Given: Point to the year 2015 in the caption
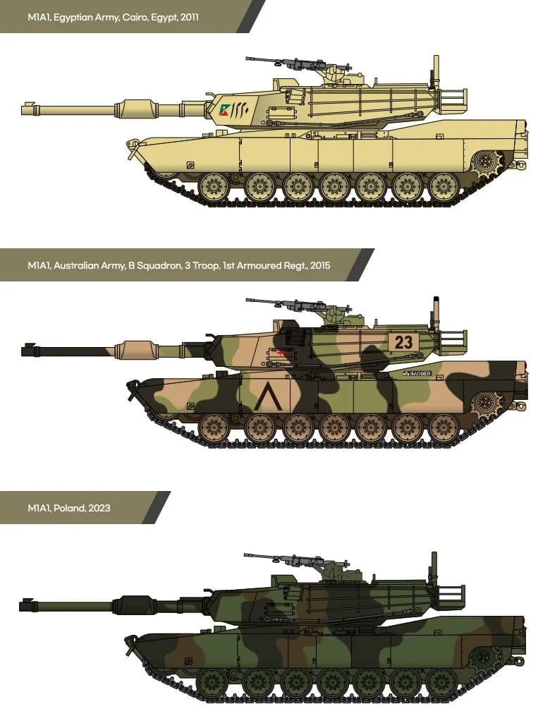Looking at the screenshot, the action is tap(320, 265).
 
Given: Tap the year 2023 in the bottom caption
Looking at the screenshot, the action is tap(99, 508).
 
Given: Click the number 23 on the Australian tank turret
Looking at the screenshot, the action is tap(403, 342).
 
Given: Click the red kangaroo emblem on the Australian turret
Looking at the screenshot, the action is tap(279, 354).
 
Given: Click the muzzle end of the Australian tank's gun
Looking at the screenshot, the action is tap(23, 350).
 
